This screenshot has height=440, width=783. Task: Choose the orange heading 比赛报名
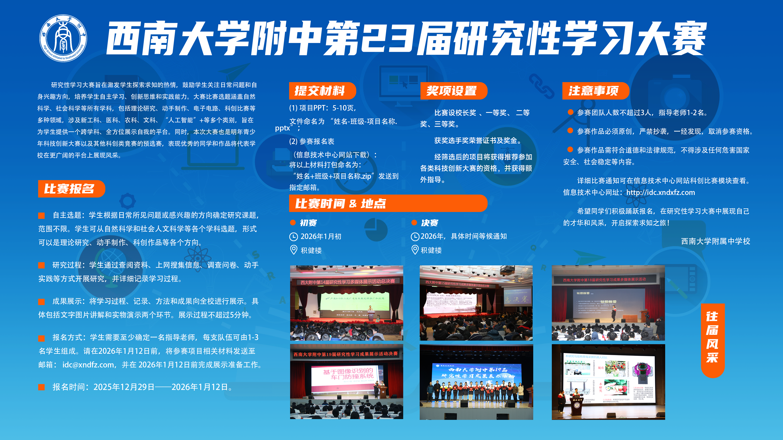pyautogui.click(x=70, y=189)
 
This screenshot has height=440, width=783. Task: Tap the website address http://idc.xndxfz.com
pyautogui.click(x=660, y=192)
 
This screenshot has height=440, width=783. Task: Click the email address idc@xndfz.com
pyautogui.click(x=88, y=365)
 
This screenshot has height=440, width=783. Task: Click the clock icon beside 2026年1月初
pyautogui.click(x=293, y=237)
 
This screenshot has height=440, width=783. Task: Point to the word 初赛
pyautogui.click(x=308, y=223)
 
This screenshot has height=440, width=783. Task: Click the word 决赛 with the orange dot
pyautogui.click(x=429, y=223)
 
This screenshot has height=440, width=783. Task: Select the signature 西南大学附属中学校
pyautogui.click(x=715, y=241)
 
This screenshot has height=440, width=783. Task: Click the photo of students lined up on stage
pyautogui.click(x=476, y=382)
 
